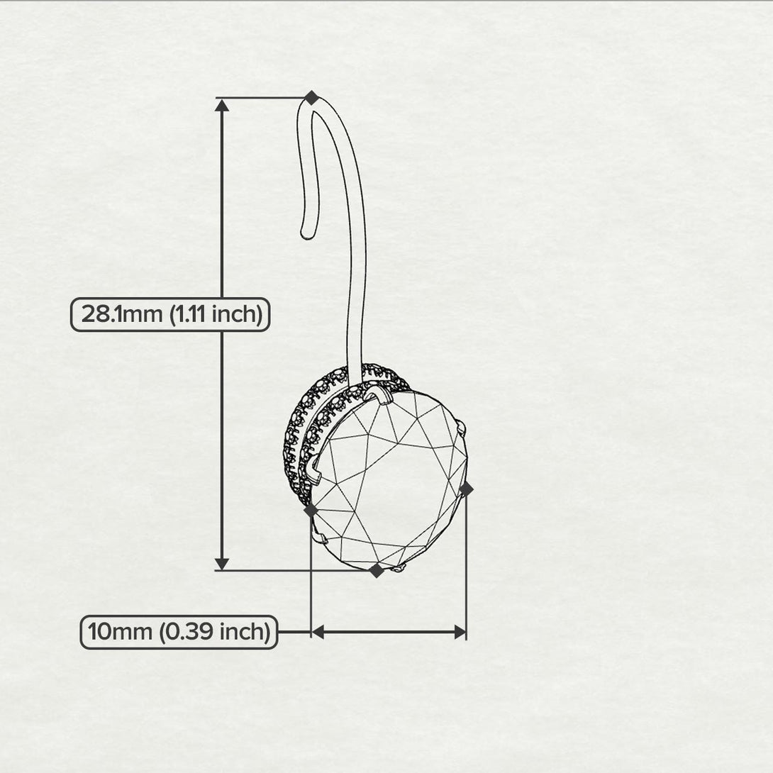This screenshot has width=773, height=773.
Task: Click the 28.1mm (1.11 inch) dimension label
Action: point(170,315)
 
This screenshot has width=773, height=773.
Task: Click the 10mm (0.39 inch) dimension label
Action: point(179,632)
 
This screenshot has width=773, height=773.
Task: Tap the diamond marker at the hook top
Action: point(311,98)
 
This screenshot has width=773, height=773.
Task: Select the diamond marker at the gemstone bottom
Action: point(377,571)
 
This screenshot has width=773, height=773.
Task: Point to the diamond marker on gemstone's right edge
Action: point(466,489)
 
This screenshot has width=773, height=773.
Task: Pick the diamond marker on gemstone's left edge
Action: point(311,510)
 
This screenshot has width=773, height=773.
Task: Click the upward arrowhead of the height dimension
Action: point(222,105)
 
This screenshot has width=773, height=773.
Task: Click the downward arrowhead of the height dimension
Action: point(222,564)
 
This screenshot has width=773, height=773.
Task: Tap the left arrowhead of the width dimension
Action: point(318,632)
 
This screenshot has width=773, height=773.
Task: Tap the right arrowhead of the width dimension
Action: point(460,632)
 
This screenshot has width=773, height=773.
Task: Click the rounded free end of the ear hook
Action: point(307,234)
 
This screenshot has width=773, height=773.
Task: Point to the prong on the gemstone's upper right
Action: point(462,427)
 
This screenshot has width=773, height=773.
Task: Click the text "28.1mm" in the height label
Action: point(122,315)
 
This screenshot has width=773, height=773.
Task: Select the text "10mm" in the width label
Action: point(120,632)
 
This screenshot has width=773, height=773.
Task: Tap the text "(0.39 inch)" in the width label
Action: point(214,632)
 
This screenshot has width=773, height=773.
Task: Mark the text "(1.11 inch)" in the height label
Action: point(216,315)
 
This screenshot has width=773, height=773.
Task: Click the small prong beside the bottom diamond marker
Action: point(399,569)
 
